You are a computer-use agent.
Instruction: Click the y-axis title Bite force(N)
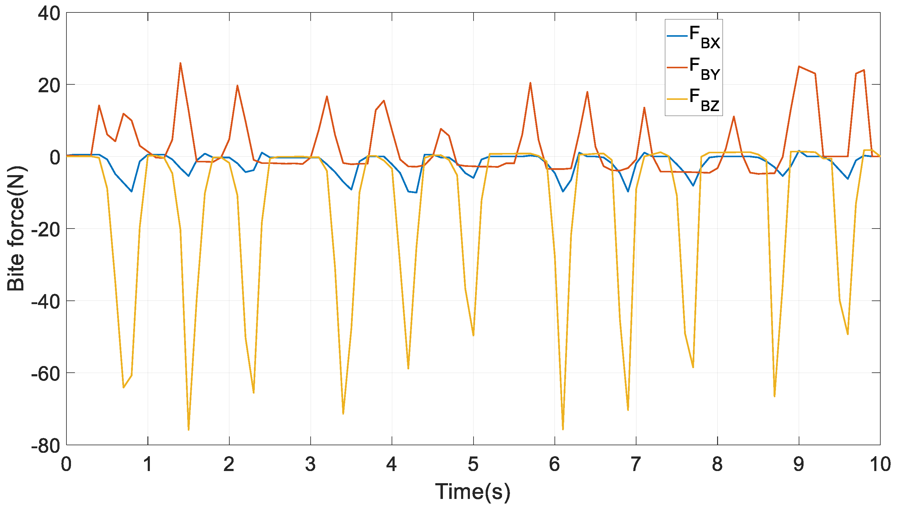pyautogui.click(x=16, y=229)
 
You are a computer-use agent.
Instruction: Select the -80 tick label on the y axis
pyautogui.click(x=46, y=446)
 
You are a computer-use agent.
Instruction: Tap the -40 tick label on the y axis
pyautogui.click(x=46, y=302)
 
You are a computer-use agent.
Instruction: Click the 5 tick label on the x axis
pyautogui.click(x=473, y=464)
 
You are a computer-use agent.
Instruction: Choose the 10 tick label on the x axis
pyautogui.click(x=880, y=464)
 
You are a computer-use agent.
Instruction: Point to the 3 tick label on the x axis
pyautogui.click(x=310, y=464)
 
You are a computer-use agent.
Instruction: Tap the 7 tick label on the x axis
pyautogui.click(x=636, y=464)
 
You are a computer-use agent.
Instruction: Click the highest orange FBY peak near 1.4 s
pyautogui.click(x=180, y=63)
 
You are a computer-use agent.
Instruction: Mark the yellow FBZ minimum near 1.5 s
pyautogui.click(x=188, y=430)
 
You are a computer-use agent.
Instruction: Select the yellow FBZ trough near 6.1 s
pyautogui.click(x=563, y=429)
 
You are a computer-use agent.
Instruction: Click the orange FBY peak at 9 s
pyautogui.click(x=799, y=66)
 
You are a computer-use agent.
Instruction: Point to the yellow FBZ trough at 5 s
pyautogui.click(x=473, y=335)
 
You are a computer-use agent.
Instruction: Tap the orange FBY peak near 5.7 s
pyautogui.click(x=530, y=83)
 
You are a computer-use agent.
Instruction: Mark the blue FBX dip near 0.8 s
pyautogui.click(x=131, y=192)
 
